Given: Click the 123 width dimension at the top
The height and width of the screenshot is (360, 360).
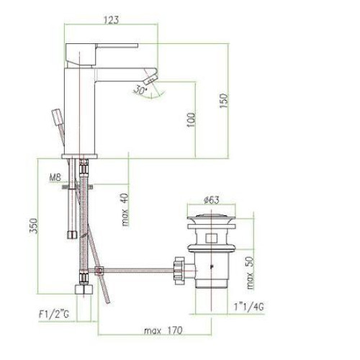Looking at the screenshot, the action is [x=112, y=19].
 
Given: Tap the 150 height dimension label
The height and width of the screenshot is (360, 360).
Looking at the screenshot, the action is [x=223, y=101].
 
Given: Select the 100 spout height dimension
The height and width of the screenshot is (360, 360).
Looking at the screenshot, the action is [x=192, y=120].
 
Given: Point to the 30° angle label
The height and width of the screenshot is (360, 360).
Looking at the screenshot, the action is [x=140, y=90].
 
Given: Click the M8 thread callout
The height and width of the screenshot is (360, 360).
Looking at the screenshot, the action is [x=55, y=178].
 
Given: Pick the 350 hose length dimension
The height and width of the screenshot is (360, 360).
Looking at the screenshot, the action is [x=33, y=225].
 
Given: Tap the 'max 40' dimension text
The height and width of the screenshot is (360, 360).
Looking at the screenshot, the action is [x=125, y=210].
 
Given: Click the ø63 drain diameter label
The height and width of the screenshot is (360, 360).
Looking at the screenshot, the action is [x=211, y=200].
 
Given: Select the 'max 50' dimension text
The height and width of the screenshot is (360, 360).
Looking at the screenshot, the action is [x=250, y=273].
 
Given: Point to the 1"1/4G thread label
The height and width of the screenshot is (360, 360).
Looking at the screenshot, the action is [x=248, y=307].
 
